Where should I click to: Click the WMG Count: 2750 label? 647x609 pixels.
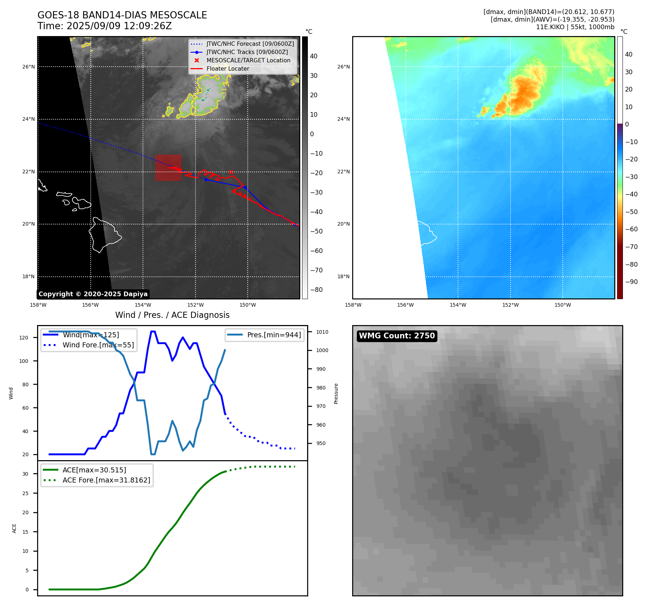pyautogui.click(x=397, y=336)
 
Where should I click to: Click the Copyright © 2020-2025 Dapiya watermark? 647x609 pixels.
pyautogui.click(x=93, y=294)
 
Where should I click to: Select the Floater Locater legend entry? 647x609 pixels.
pyautogui.click(x=228, y=69)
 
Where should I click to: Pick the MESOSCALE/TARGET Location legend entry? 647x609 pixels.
pyautogui.click(x=248, y=61)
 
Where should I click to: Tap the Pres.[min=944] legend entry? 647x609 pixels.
pyautogui.click(x=274, y=335)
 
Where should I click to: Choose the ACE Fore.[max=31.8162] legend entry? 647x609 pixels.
pyautogui.click(x=106, y=480)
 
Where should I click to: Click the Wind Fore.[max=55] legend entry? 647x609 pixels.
pyautogui.click(x=98, y=345)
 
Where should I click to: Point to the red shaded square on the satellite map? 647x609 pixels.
pyautogui.click(x=168, y=168)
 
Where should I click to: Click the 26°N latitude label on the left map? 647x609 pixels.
pyautogui.click(x=29, y=67)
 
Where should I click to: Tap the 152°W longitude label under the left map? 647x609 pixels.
pyautogui.click(x=196, y=305)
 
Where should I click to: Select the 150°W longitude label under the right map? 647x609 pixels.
pyautogui.click(x=563, y=305)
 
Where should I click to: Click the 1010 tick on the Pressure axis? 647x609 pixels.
pyautogui.click(x=322, y=332)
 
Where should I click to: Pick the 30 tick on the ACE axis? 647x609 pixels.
pyautogui.click(x=25, y=474)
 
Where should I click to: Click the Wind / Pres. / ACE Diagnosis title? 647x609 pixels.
pyautogui.click(x=172, y=315)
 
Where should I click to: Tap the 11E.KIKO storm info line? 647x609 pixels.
pyautogui.click(x=575, y=27)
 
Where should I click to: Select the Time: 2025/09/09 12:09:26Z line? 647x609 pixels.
pyautogui.click(x=104, y=26)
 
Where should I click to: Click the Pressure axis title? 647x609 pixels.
pyautogui.click(x=336, y=394)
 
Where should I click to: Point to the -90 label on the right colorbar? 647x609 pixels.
pyautogui.click(x=631, y=282)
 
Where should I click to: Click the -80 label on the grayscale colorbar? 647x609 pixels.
pyautogui.click(x=316, y=290)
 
